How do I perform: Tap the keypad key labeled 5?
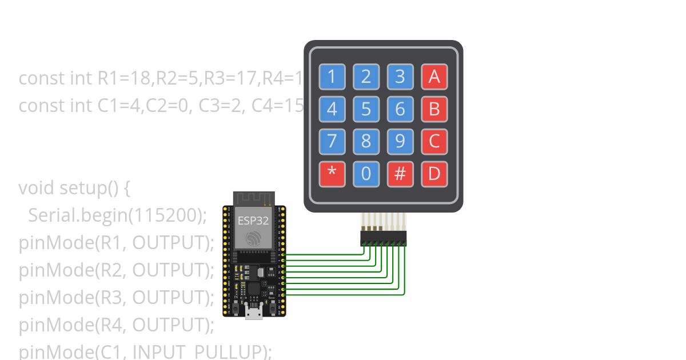pyautogui.click(x=366, y=109)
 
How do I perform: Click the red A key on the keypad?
pyautogui.click(x=434, y=77)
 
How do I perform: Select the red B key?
pyautogui.click(x=434, y=109)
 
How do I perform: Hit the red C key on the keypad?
pyautogui.click(x=434, y=141)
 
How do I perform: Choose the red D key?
pyautogui.click(x=434, y=174)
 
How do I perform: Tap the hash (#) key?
pyautogui.click(x=400, y=174)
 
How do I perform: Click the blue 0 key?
pyautogui.click(x=366, y=174)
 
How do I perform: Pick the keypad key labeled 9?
pyautogui.click(x=400, y=141)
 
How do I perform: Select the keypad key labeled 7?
pyautogui.click(x=332, y=141)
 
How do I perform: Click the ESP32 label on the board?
pyautogui.click(x=253, y=221)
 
